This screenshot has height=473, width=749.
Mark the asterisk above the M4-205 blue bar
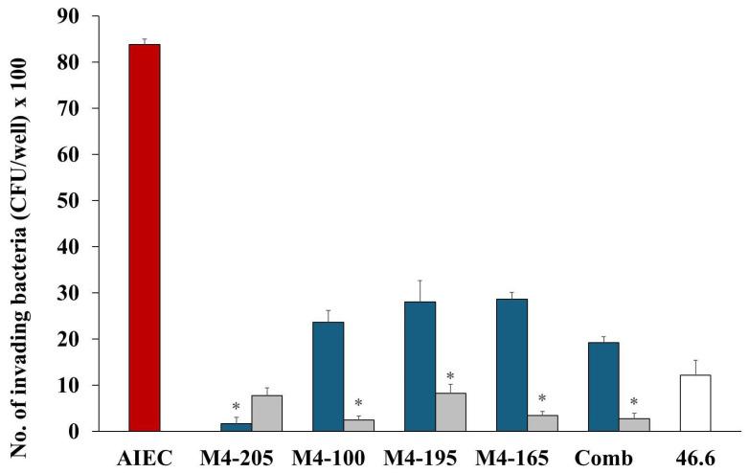coord(236,408)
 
